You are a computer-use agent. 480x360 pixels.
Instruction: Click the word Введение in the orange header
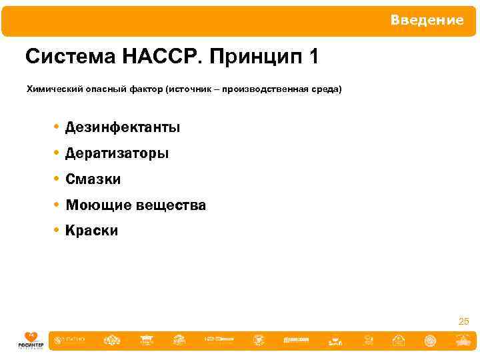click(x=427, y=20)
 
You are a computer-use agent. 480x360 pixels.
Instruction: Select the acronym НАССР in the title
click(x=162, y=57)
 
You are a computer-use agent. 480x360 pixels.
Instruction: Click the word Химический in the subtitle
click(x=52, y=89)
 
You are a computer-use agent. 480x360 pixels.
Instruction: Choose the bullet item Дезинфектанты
click(x=123, y=127)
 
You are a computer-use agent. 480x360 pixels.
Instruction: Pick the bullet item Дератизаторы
click(x=117, y=153)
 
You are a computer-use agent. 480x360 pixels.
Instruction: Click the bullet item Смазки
click(x=93, y=179)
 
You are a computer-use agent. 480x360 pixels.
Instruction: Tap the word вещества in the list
click(x=171, y=206)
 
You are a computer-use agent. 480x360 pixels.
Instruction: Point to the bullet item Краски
click(x=91, y=231)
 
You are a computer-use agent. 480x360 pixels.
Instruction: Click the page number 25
click(x=464, y=322)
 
